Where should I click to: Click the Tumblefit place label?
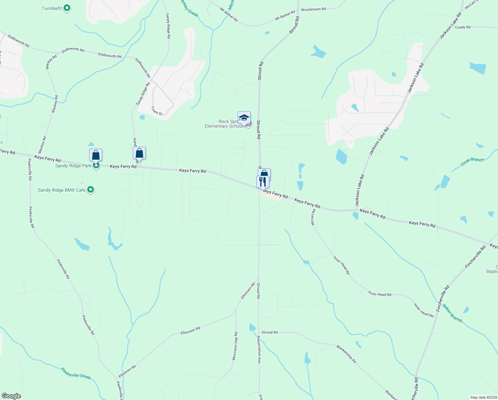pyautogui.click(x=52, y=8)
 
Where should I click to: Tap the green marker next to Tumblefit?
pyautogui.click(x=67, y=8)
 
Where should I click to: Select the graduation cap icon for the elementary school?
pyautogui.click(x=244, y=118)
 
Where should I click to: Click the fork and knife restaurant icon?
pyautogui.click(x=263, y=182)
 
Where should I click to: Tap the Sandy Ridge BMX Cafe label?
pyautogui.click(x=62, y=190)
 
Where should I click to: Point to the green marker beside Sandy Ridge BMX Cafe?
pyautogui.click(x=91, y=190)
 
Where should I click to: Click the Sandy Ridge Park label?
pyautogui.click(x=73, y=166)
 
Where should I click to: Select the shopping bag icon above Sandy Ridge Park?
pyautogui.click(x=96, y=155)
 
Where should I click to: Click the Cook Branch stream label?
pyautogui.click(x=472, y=162)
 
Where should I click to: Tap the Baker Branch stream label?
pyautogui.click(x=452, y=313)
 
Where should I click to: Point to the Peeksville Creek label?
pyautogui.click(x=76, y=373)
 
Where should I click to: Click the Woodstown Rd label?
pyautogui.click(x=313, y=9)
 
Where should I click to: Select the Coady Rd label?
pyautogui.click(x=462, y=27)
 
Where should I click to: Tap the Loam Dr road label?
pyautogui.click(x=157, y=111)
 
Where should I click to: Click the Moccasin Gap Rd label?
pyautogui.click(x=235, y=346)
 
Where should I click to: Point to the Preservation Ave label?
pyautogui.click(x=259, y=349)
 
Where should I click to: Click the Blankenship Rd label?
pyautogui.click(x=346, y=354)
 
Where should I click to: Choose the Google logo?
pyautogui.click(x=11, y=396)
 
